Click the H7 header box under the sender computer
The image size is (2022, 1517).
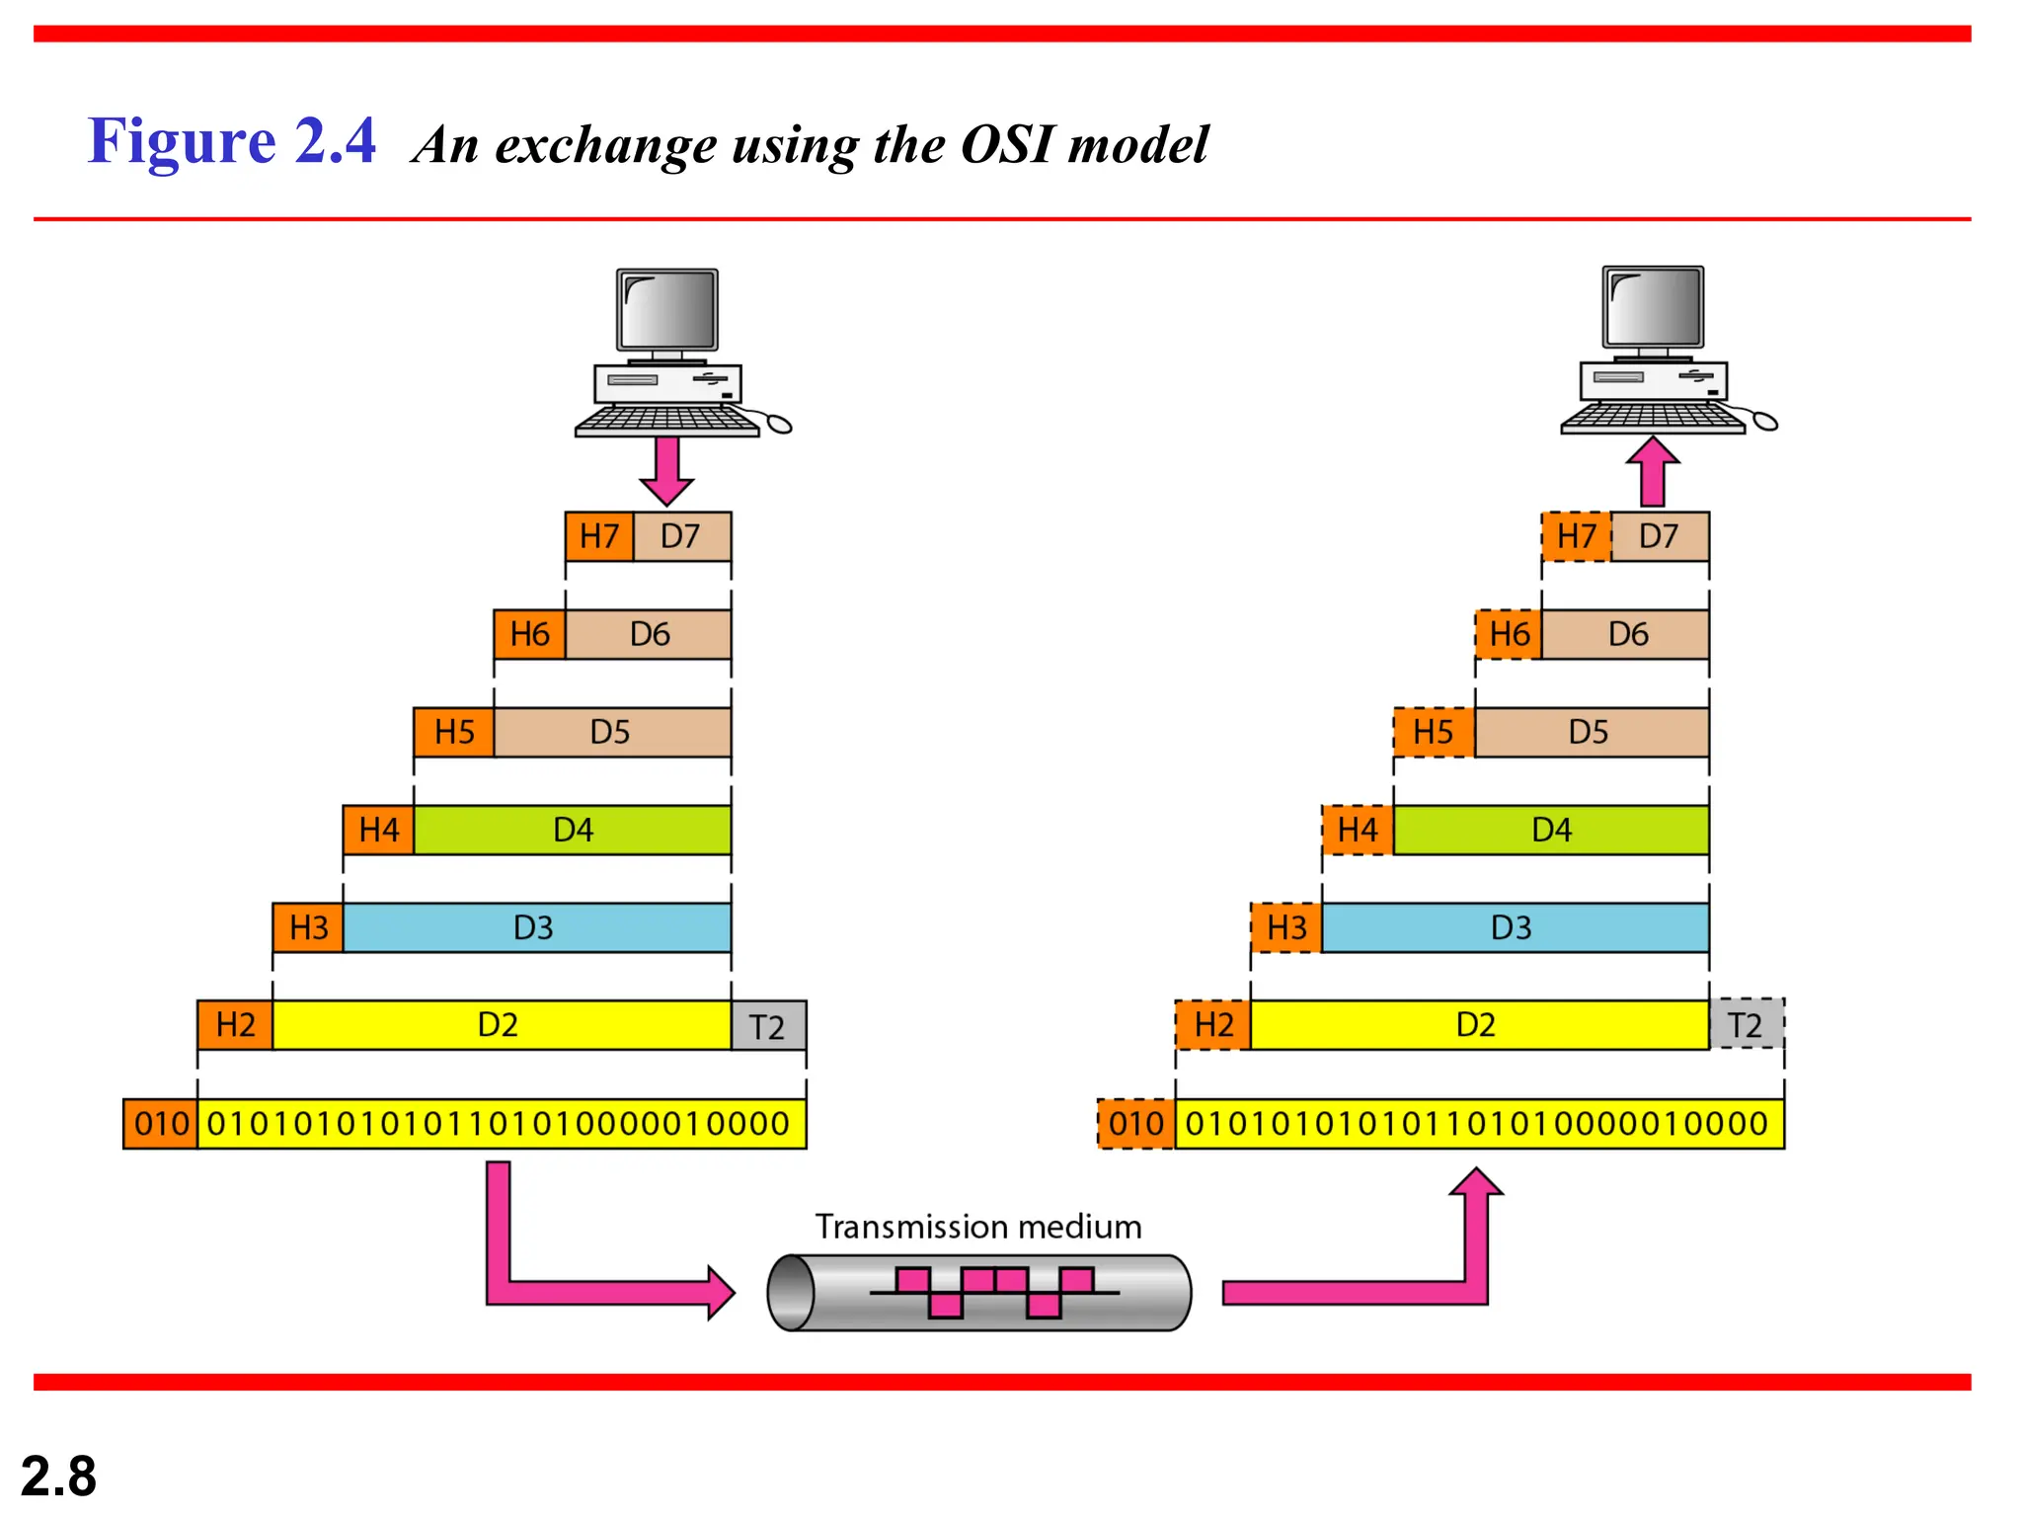point(599,536)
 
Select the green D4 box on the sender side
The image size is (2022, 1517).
point(573,830)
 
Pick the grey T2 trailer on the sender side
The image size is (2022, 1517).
point(767,1026)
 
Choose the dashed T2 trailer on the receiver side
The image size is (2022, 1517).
point(1746,1024)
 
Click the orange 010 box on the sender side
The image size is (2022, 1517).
point(160,1124)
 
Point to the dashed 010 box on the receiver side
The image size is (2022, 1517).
point(1135,1124)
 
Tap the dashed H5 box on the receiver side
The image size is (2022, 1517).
point(1434,732)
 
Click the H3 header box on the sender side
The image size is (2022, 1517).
point(308,927)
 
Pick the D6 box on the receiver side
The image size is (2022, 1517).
point(1626,634)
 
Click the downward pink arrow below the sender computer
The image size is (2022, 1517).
point(667,469)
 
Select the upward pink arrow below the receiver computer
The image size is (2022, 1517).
point(1653,471)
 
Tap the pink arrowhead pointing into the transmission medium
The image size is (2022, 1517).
point(721,1292)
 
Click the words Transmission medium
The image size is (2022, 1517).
point(977,1227)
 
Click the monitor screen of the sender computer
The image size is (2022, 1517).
point(667,308)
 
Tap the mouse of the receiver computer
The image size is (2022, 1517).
point(1764,423)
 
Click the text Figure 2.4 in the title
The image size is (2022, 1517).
point(232,140)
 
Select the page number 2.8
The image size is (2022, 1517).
point(58,1477)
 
